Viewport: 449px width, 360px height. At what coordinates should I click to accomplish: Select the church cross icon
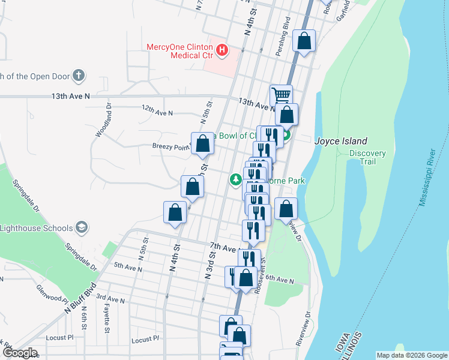coord(77,76)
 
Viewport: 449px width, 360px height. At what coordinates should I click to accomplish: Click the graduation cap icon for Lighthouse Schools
coord(82,227)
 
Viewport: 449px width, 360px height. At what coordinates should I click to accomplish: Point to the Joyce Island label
coord(341,141)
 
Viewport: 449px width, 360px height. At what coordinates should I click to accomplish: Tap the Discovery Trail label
coord(367,157)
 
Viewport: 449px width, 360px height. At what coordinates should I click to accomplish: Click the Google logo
coord(19,353)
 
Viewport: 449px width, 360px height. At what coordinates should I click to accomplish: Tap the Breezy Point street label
coord(170,146)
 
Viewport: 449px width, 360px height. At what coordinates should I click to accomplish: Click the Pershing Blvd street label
coord(282,40)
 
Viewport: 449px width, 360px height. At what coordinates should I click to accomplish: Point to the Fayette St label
coord(107,318)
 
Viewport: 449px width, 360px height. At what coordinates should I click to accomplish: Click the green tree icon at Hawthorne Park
coord(236,179)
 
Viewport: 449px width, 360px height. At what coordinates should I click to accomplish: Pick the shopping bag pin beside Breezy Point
coord(203,143)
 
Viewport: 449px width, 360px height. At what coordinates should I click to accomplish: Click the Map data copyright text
coord(411,355)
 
